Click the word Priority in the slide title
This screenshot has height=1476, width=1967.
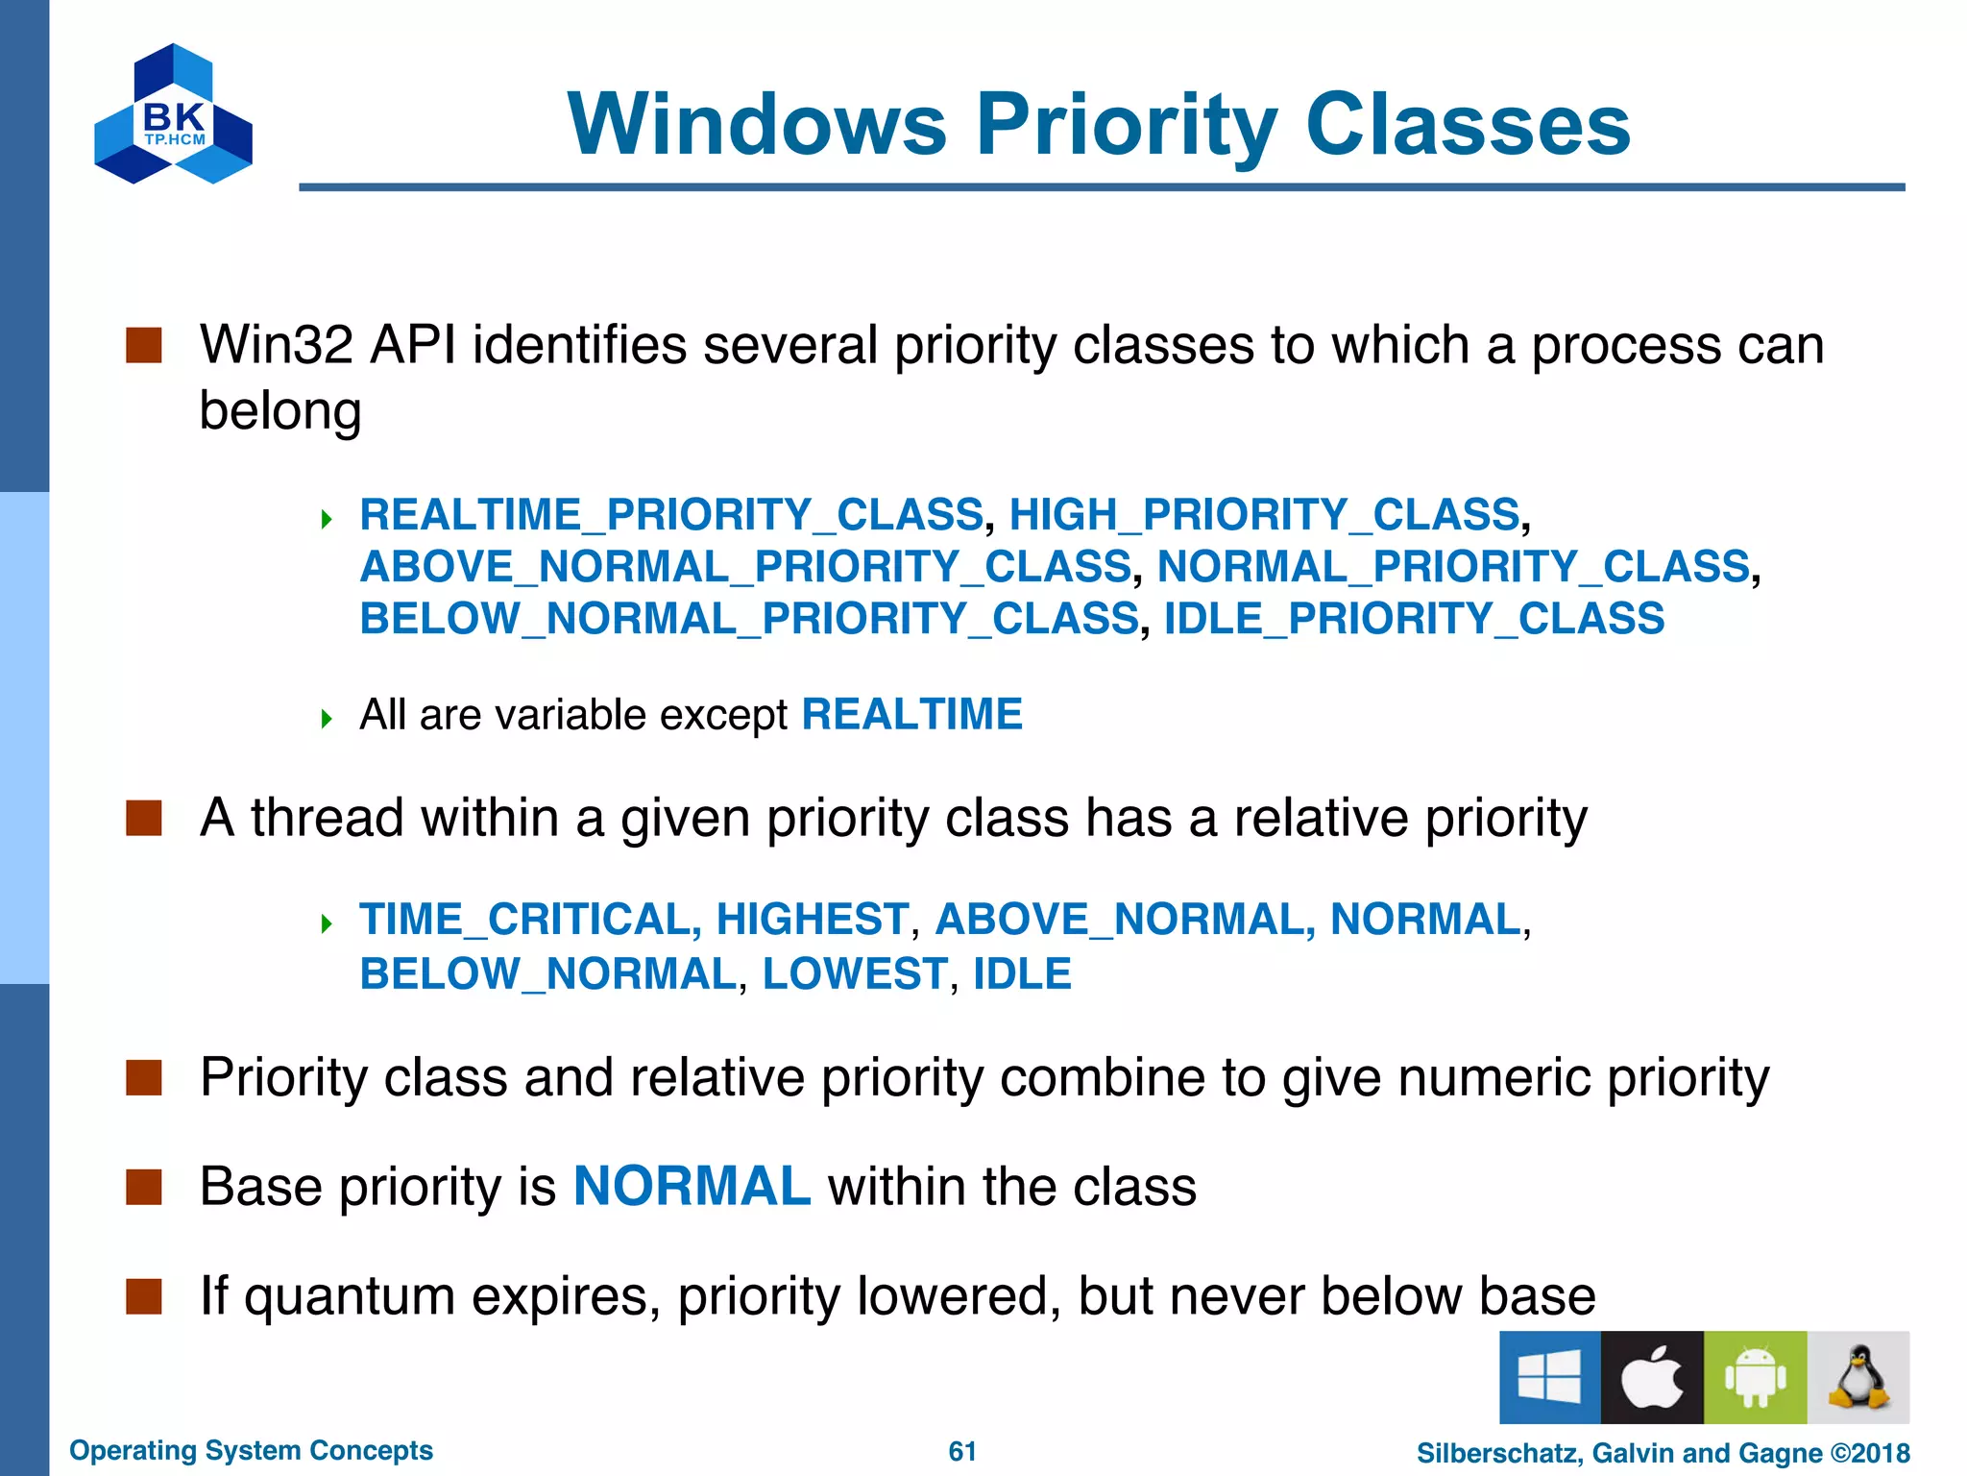pyautogui.click(x=1126, y=125)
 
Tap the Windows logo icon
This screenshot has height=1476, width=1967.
pyautogui.click(x=1549, y=1377)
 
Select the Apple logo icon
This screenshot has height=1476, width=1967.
pyautogui.click(x=1652, y=1377)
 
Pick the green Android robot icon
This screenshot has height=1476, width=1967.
pyautogui.click(x=1755, y=1377)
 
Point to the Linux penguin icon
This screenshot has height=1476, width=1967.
pyautogui.click(x=1858, y=1377)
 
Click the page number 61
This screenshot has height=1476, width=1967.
pyautogui.click(x=962, y=1451)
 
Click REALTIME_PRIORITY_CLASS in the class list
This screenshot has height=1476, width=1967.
pyautogui.click(x=671, y=515)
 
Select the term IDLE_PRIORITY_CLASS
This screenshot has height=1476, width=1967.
pyautogui.click(x=1414, y=619)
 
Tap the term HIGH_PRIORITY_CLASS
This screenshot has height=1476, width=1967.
pyautogui.click(x=1264, y=515)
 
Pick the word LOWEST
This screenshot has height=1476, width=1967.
pyautogui.click(x=855, y=974)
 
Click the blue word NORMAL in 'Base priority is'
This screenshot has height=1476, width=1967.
pyautogui.click(x=692, y=1187)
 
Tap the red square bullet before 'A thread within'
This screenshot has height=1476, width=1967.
pyautogui.click(x=144, y=819)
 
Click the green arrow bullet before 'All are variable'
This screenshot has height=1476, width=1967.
pyautogui.click(x=327, y=718)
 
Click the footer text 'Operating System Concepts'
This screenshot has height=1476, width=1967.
pyautogui.click(x=251, y=1450)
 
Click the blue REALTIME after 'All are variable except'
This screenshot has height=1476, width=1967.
pyautogui.click(x=911, y=715)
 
